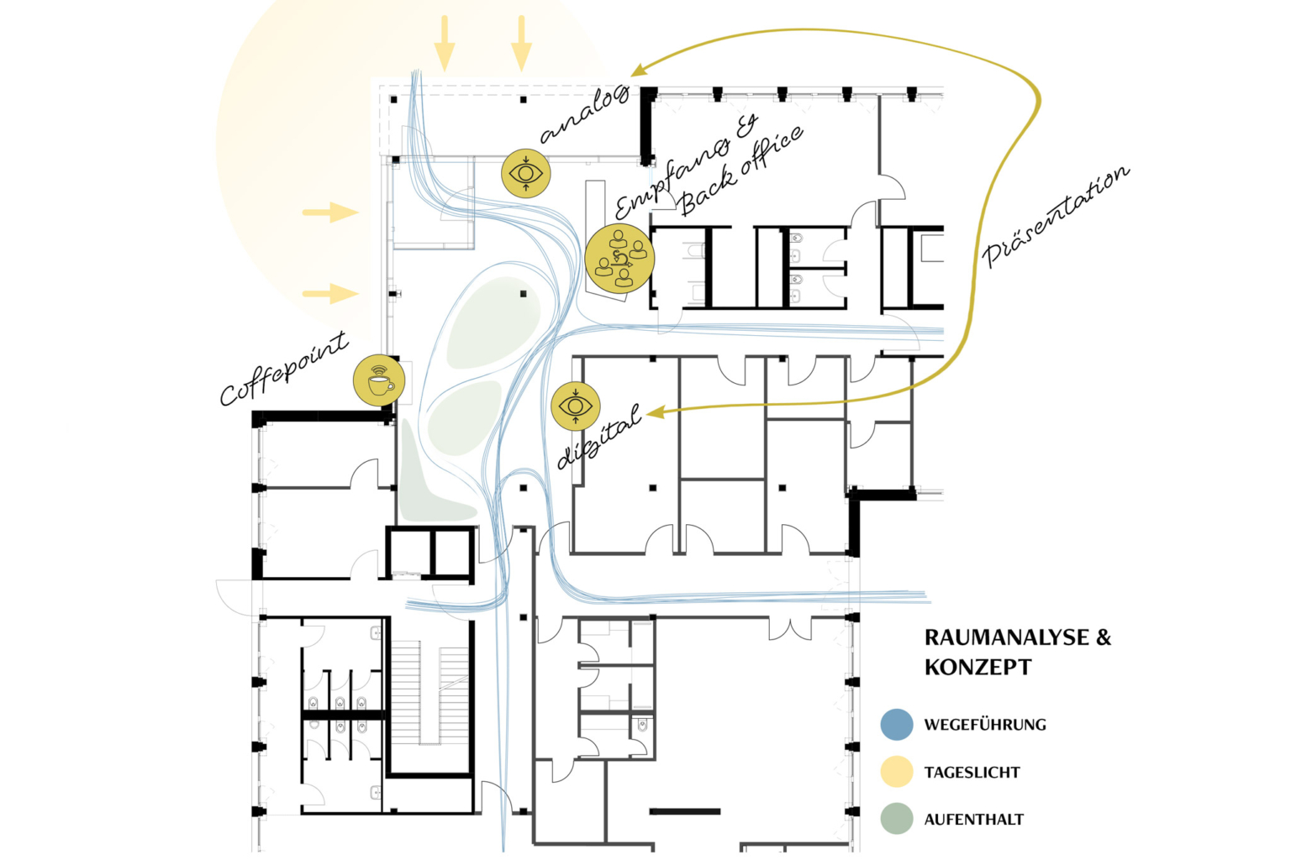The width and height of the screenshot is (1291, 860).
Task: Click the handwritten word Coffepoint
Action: pos(283,370)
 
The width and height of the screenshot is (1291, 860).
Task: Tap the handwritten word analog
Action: pos(583,114)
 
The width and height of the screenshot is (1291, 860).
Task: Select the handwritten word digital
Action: pos(599,436)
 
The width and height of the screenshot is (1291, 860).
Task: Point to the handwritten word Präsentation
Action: pos(1056,217)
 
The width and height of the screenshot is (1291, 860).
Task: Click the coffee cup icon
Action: pos(379,380)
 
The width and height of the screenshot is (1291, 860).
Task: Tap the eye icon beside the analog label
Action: pos(525,173)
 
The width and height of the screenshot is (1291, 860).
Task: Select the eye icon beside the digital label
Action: pos(575,406)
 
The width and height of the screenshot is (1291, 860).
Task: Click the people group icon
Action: pos(619,259)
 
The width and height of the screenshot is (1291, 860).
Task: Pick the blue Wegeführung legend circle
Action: pos(897,724)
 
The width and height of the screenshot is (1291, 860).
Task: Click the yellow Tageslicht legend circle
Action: pos(897,771)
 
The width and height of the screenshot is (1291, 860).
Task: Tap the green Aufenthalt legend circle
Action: pos(897,819)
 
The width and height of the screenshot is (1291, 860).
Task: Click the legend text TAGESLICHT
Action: pos(972,772)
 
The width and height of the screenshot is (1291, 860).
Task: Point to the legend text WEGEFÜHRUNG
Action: pos(985,724)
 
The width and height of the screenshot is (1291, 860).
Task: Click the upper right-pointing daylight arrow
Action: pos(330,212)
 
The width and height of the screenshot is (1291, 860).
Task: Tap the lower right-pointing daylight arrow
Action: pos(330,293)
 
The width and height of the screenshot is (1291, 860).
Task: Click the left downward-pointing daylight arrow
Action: pos(445,44)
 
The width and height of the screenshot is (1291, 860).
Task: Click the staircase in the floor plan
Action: pos(430,695)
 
